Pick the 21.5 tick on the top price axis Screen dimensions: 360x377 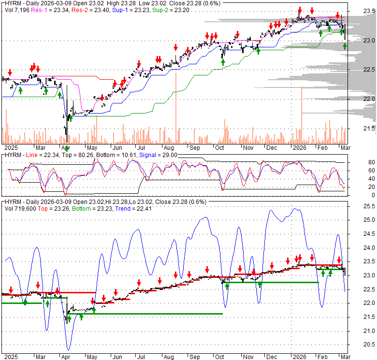point(369,129)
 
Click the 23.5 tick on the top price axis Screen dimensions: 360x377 point(369,11)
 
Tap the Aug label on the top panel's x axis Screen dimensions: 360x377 point(168,147)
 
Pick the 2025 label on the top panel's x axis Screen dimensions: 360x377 point(10,147)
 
